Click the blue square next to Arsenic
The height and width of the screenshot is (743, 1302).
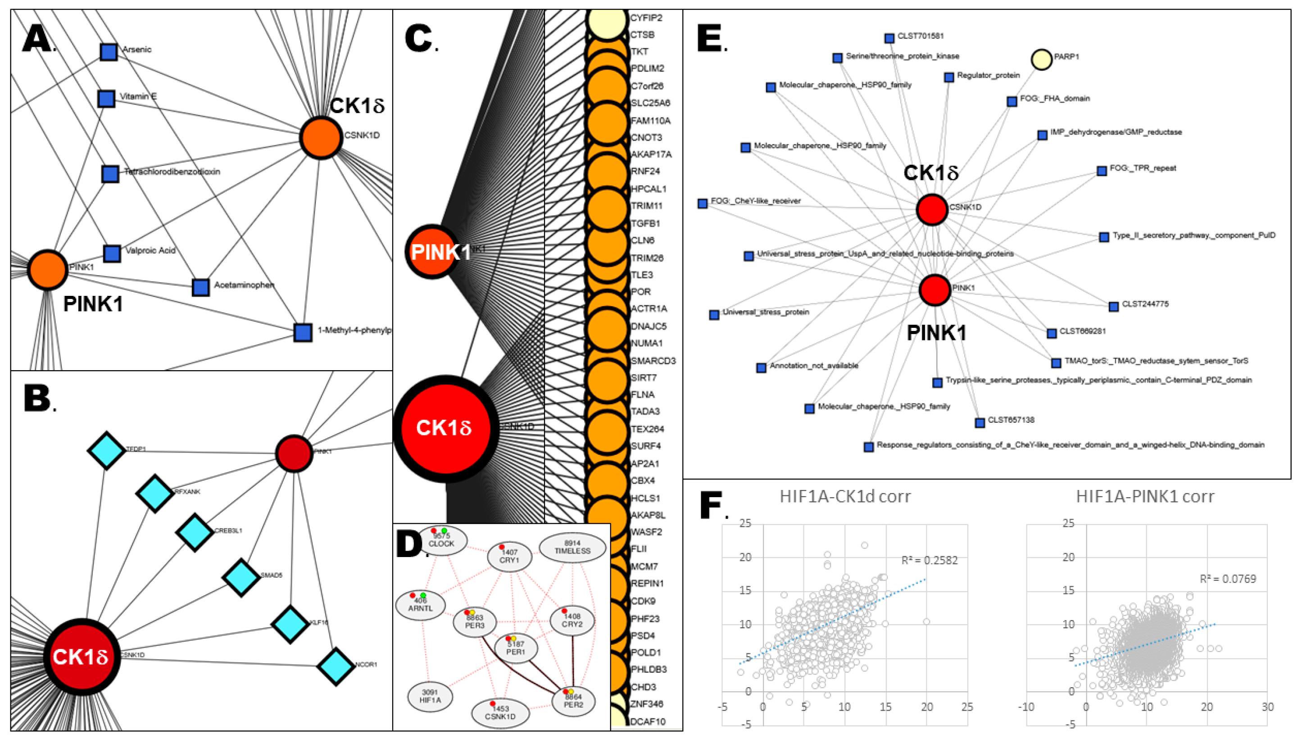click(108, 51)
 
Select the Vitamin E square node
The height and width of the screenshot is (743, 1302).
click(106, 99)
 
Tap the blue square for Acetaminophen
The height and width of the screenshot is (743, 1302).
click(200, 287)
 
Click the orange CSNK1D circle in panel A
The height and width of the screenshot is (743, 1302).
click(321, 138)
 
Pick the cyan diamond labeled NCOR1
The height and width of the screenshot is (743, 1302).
click(336, 666)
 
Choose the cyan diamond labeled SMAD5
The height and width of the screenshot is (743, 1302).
click(241, 577)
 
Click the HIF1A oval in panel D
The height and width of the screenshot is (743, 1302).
click(430, 697)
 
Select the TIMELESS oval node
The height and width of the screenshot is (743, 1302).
click(572, 548)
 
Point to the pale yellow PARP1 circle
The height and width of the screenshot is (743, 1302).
click(1041, 59)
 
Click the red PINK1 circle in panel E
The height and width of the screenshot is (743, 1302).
click(934, 290)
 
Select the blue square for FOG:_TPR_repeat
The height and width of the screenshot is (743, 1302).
click(1102, 171)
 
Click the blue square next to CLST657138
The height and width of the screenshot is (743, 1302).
click(980, 422)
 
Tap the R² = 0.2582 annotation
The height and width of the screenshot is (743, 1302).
click(929, 560)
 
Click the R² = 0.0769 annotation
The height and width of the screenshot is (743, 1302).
click(1228, 579)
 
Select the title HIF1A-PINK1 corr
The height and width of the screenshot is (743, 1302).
click(1144, 497)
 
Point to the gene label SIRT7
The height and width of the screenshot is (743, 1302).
click(644, 378)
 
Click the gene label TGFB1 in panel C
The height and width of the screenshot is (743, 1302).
click(645, 223)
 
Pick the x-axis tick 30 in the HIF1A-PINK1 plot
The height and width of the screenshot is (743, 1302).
click(1267, 707)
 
